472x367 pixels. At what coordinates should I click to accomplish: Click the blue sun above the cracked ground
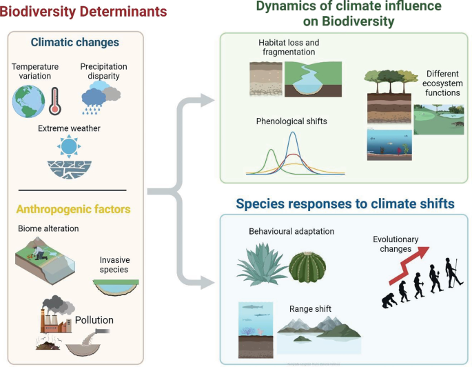point(69,147)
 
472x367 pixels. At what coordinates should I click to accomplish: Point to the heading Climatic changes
point(74,42)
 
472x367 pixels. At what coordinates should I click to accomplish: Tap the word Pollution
point(94,320)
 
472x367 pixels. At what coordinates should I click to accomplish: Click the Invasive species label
point(114,264)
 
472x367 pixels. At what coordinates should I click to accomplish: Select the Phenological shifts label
point(291,121)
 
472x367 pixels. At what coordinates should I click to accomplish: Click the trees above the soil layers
point(387,80)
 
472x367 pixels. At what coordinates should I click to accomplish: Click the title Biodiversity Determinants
point(83,12)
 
